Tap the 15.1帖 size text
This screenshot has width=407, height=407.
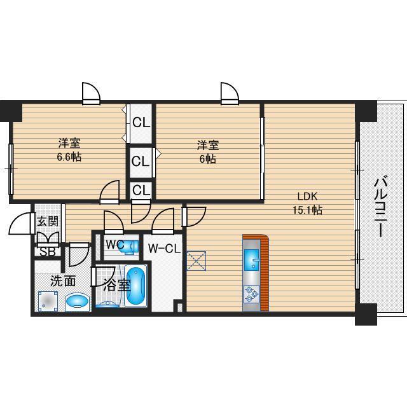tap(308, 209)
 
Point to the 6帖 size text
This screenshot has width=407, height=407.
tap(207, 158)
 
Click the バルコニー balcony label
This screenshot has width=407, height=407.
tap(381, 206)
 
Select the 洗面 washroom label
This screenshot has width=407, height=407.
tap(64, 280)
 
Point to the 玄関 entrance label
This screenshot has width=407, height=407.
tap(47, 221)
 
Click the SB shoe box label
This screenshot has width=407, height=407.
tap(47, 251)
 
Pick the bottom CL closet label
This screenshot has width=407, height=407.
tap(141, 190)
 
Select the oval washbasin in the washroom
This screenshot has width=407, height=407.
tap(77, 301)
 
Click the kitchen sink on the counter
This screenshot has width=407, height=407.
tap(252, 259)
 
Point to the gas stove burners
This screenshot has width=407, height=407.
tap(252, 293)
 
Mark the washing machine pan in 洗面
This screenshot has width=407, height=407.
tap(46, 300)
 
